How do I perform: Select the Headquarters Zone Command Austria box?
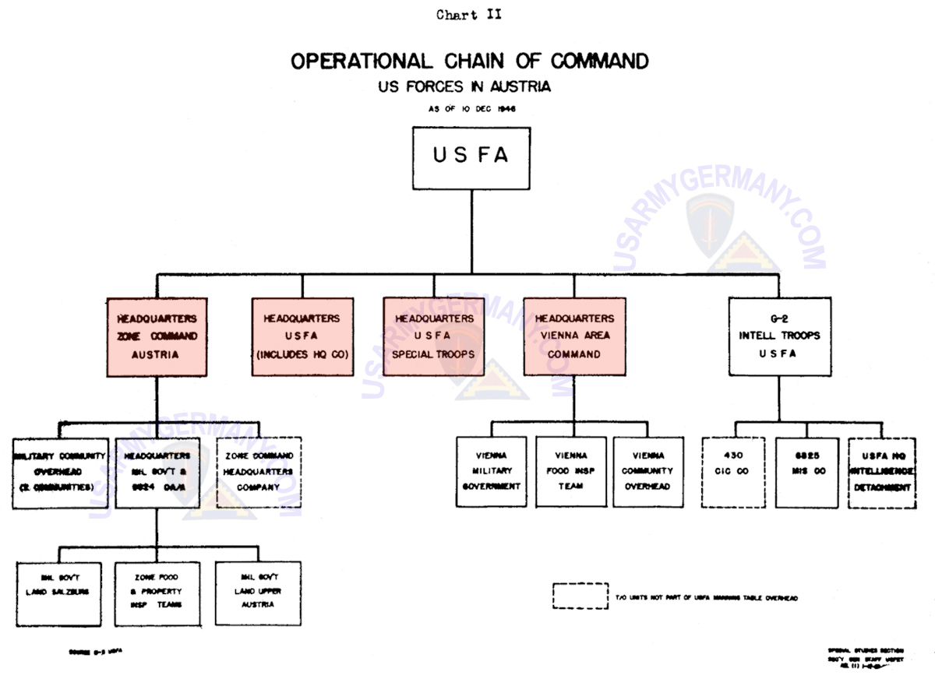[x=157, y=336]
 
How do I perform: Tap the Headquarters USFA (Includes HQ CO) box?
[x=301, y=336]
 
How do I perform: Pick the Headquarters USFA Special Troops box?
[x=434, y=336]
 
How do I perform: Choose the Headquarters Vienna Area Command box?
[x=574, y=336]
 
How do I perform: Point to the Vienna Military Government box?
[x=492, y=472]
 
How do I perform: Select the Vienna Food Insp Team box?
[x=571, y=472]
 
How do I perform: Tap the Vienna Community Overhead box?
[x=648, y=472]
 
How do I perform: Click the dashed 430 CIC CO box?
[x=736, y=472]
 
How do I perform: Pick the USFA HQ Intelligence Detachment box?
[x=886, y=472]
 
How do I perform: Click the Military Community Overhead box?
[x=59, y=472]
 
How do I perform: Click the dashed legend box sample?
[x=580, y=596]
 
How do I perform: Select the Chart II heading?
[x=469, y=16]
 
